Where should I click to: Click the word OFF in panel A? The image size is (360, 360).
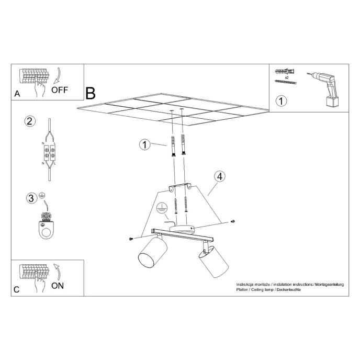pyautogui.click(x=59, y=89)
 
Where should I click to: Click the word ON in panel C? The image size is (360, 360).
pyautogui.click(x=58, y=286)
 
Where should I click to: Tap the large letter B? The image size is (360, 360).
pyautogui.click(x=90, y=94)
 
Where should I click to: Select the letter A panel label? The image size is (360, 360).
pyautogui.click(x=17, y=94)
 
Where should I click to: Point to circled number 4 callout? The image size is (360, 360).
pyautogui.click(x=220, y=176)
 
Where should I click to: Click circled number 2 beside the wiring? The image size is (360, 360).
pyautogui.click(x=30, y=121)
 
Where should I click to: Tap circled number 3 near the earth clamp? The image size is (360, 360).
pyautogui.click(x=31, y=198)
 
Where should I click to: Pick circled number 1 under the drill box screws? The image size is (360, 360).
pyautogui.click(x=281, y=101)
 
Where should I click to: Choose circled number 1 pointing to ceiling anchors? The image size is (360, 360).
pyautogui.click(x=144, y=144)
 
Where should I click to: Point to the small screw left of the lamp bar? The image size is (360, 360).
pyautogui.click(x=130, y=239)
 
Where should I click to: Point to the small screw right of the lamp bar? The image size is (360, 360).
pyautogui.click(x=232, y=223)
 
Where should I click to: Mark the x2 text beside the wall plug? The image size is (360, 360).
pyautogui.click(x=286, y=77)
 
